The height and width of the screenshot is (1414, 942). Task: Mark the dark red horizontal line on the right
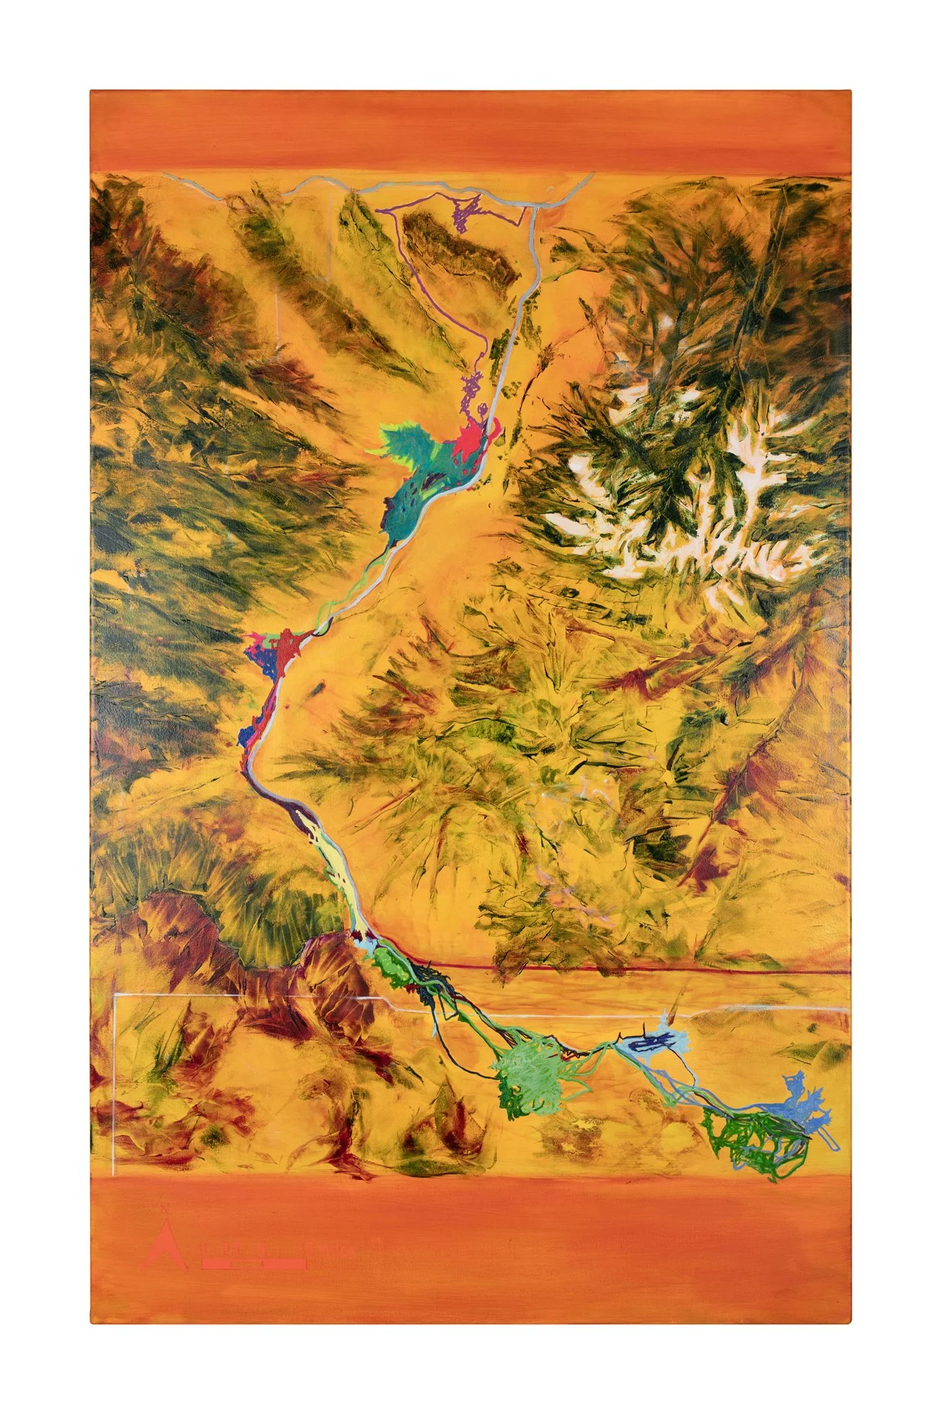pyautogui.click(x=636, y=972)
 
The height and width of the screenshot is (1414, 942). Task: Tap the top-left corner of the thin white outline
pyautogui.click(x=115, y=995)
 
